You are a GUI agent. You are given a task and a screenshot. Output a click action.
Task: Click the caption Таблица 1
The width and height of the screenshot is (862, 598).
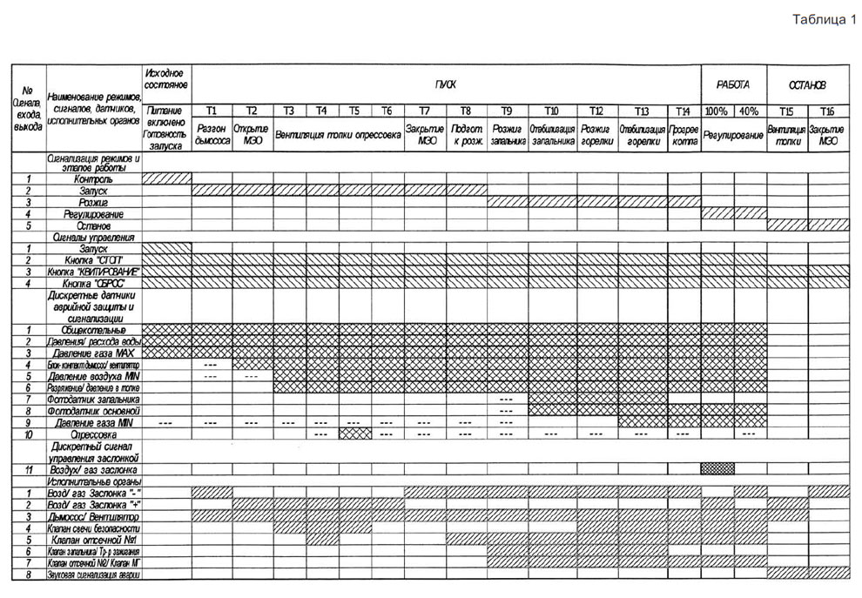825,21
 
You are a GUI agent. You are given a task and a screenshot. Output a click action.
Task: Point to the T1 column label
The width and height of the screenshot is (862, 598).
212,111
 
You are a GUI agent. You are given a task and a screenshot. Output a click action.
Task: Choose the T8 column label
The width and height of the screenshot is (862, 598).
466,111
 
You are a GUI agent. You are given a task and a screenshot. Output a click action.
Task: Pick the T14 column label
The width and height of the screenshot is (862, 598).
684,111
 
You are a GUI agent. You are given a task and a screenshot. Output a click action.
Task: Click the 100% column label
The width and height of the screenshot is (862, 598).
717,111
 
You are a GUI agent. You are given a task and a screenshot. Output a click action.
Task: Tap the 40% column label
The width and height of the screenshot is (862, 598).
750,111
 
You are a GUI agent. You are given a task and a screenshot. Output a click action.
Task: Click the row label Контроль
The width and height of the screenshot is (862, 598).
93,178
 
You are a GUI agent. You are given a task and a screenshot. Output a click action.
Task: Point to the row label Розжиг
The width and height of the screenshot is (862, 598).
93,202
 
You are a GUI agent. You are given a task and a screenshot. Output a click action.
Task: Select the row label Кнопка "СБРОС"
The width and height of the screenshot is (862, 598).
93,284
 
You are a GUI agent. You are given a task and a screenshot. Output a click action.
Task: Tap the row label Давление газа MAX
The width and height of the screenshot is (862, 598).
93,353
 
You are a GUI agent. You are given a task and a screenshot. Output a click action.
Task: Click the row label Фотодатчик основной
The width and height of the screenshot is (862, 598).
93,410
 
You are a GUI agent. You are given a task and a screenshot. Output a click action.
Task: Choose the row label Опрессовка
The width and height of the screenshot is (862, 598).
93,433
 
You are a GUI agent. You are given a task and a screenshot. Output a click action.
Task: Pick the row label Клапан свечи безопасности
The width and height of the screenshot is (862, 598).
93,527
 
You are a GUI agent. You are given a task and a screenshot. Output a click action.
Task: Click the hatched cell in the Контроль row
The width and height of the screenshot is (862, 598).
165,178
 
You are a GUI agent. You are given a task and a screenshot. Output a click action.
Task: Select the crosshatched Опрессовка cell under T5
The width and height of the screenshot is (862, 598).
354,433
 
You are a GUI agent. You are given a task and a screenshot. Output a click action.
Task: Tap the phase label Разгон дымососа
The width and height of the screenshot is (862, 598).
212,134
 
